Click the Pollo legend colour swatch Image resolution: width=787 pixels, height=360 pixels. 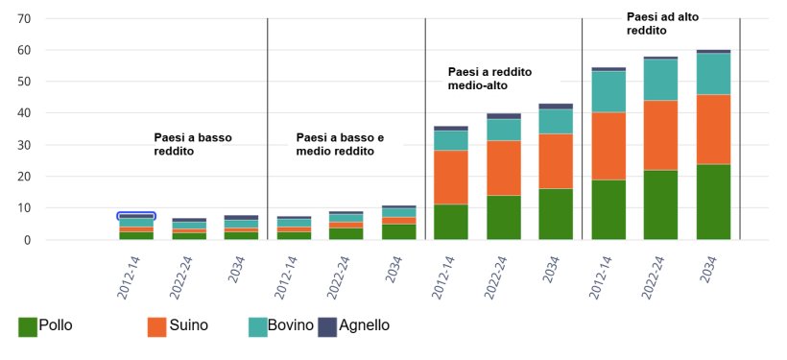click(x=28, y=326)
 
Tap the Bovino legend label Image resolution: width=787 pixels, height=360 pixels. click(x=292, y=325)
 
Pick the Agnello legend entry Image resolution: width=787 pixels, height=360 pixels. click(x=362, y=325)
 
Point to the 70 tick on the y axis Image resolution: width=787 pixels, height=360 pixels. click(x=24, y=19)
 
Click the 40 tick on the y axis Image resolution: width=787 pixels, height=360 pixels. click(x=24, y=113)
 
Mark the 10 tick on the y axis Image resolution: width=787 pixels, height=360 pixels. click(x=24, y=208)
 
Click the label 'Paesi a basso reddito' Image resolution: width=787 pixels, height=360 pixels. click(x=193, y=145)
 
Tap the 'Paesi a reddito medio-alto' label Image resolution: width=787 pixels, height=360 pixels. click(x=489, y=79)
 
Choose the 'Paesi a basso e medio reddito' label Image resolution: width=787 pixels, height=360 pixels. click(x=340, y=145)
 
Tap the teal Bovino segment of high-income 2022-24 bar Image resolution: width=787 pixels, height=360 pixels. click(x=660, y=80)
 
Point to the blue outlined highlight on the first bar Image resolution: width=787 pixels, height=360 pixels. click(x=136, y=216)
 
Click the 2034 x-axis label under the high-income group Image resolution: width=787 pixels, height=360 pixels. click(x=710, y=277)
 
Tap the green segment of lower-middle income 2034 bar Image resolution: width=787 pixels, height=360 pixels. click(x=398, y=231)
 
